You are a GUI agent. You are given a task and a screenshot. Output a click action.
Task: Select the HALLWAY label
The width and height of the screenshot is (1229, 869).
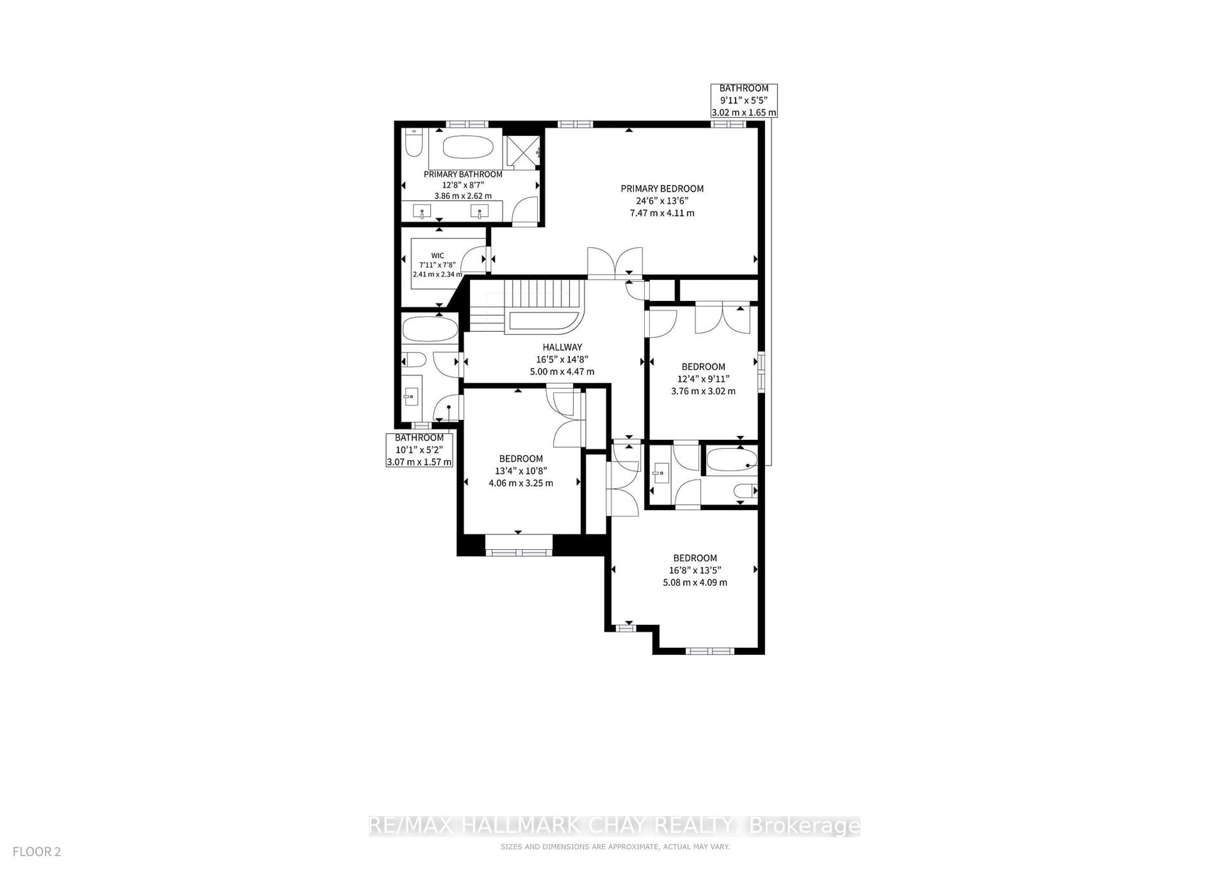pyautogui.click(x=562, y=347)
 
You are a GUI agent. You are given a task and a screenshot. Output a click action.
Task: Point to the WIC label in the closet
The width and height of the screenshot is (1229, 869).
pyautogui.click(x=437, y=256)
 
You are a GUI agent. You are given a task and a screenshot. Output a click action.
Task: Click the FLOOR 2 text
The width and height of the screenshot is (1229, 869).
pyautogui.click(x=37, y=851)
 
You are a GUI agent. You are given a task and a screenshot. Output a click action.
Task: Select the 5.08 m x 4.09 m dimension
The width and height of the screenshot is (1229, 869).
pyautogui.click(x=695, y=582)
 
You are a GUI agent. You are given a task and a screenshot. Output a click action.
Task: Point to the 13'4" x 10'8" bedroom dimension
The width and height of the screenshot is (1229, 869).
pyautogui.click(x=521, y=471)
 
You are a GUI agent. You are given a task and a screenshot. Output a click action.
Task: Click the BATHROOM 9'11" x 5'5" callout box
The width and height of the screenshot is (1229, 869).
pyautogui.click(x=743, y=100)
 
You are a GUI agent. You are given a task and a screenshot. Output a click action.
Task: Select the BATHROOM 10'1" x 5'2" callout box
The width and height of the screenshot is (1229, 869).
pyautogui.click(x=419, y=450)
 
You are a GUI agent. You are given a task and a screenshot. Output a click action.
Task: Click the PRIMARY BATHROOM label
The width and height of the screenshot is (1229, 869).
pyautogui.click(x=463, y=174)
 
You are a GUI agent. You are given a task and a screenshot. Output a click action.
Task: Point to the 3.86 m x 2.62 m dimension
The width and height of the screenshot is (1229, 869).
pyautogui.click(x=463, y=196)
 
